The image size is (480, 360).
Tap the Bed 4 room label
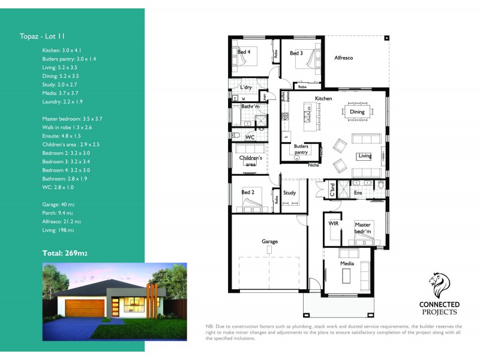pyautogui.click(x=244, y=52)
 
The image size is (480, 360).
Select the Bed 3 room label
pyautogui.click(x=296, y=53)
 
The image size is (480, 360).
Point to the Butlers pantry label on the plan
pyautogui.click(x=301, y=149)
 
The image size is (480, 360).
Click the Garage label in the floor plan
pyautogui.click(x=269, y=242)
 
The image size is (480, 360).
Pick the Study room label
pyautogui.click(x=290, y=193)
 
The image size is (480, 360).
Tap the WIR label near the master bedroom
pyautogui.click(x=334, y=223)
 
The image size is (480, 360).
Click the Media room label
pyautogui.click(x=347, y=264)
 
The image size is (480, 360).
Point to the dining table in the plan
pyautogui.click(x=358, y=111)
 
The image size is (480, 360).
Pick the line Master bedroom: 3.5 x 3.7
pyautogui.click(x=73, y=119)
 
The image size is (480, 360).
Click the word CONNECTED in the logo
pyautogui.click(x=439, y=305)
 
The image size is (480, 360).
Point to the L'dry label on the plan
pyautogui.click(x=245, y=88)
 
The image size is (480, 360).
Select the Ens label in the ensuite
pyautogui.click(x=358, y=193)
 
